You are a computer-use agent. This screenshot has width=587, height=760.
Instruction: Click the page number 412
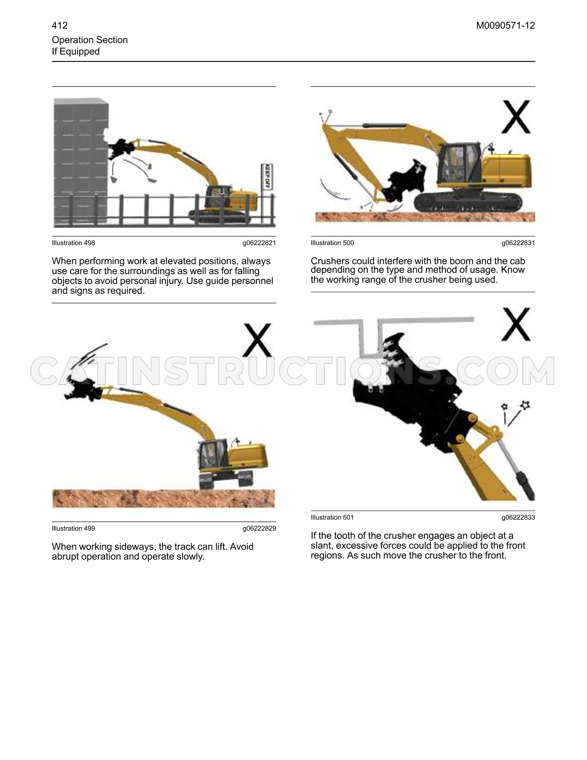tap(60, 26)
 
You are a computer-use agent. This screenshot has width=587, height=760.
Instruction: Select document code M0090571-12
tap(505, 26)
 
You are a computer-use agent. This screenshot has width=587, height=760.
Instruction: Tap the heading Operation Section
tap(90, 40)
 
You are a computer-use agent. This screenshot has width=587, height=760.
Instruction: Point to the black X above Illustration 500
tap(516, 117)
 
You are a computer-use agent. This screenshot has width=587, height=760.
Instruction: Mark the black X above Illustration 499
tap(257, 340)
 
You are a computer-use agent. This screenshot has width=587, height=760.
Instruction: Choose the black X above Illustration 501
tap(516, 324)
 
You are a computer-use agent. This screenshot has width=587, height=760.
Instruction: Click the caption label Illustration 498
tap(73, 243)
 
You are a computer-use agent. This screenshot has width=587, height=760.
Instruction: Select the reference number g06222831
tap(518, 243)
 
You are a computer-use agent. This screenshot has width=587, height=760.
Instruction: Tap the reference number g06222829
tap(259, 528)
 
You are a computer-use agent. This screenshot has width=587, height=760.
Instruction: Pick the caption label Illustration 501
tap(332, 517)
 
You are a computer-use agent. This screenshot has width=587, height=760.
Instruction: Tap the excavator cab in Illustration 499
tap(212, 455)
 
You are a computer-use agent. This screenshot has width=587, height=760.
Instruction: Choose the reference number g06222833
tap(518, 517)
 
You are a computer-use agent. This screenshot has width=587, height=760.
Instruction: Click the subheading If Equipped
tap(76, 51)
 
